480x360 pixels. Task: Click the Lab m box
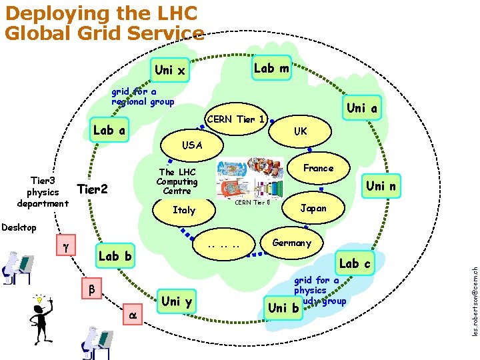coord(272,68)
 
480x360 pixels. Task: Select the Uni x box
coord(169,70)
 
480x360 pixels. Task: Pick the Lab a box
coord(109,131)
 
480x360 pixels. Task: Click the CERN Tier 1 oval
coord(237,120)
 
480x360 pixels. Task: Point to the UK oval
coord(301,131)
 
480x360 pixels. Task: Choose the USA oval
coord(193,145)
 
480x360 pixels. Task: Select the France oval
coord(318,168)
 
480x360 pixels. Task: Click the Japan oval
coord(313,208)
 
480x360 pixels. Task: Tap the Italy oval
coord(184,210)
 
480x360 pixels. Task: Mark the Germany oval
coord(291,243)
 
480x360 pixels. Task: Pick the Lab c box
coord(355,263)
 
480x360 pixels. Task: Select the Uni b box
coord(283,307)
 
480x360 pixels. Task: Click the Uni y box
coord(176,301)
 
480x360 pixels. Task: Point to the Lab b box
coord(115,256)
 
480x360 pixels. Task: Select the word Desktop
coord(19,228)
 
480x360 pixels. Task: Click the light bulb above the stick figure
coord(40,301)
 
